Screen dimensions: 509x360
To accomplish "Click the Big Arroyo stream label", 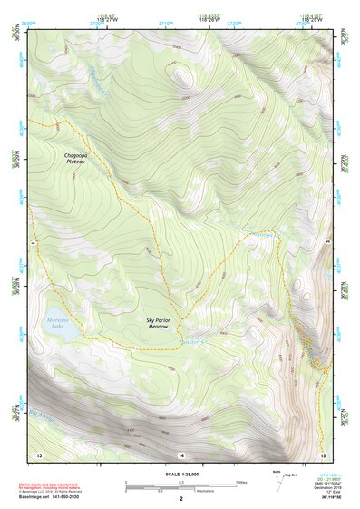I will (x=42, y=417).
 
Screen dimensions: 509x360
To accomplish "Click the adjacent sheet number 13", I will (x=39, y=453).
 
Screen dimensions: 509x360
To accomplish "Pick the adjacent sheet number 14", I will (x=180, y=453).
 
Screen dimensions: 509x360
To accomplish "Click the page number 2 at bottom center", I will (x=180, y=499).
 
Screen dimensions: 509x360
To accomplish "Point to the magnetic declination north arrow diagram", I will (x=277, y=477).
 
